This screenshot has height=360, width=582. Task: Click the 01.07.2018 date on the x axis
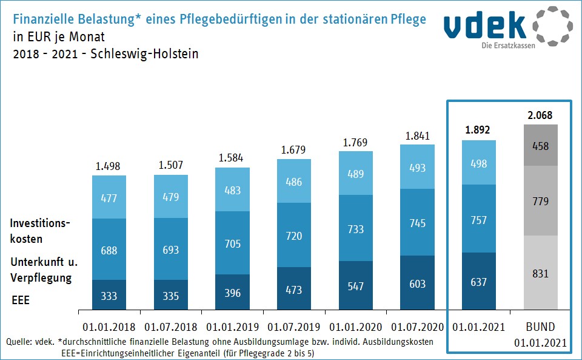tap(170, 327)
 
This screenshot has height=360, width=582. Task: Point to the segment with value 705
tap(232, 245)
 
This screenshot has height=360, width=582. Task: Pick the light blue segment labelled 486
tap(294, 182)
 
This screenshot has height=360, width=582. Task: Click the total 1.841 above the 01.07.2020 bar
tap(418, 136)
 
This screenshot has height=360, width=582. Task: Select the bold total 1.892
tap(479, 129)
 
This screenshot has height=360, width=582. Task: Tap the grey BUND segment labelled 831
tap(540, 273)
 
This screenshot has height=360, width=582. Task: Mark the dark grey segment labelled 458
tap(540, 146)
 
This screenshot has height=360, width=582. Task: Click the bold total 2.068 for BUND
tap(540, 115)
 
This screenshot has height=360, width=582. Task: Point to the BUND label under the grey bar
tap(540, 327)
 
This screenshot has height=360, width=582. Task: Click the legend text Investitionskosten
tap(40, 231)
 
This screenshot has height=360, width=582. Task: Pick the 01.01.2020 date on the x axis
tap(356, 327)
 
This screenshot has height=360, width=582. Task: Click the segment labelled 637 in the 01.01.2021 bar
tap(479, 282)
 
